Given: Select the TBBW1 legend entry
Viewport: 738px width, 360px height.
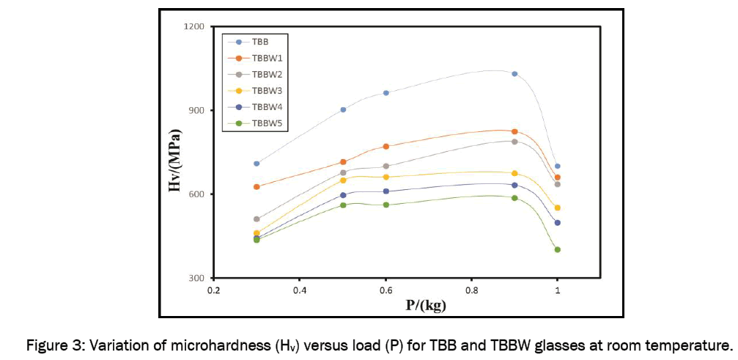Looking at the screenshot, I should coord(264,58).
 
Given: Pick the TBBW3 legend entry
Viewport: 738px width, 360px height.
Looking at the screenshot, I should coord(264,90).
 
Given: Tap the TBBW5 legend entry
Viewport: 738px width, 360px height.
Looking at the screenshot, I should coord(264,123).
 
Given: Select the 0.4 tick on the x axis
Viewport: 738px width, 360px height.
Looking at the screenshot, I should coord(299,290).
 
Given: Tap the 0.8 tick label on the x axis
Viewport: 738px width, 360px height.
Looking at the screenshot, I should coord(471,290).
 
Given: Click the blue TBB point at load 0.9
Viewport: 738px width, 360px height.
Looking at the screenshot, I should coord(514,74).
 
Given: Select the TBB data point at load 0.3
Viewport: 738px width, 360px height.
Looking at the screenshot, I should coord(257,164).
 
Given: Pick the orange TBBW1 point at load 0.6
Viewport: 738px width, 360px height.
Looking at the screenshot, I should coord(385,147).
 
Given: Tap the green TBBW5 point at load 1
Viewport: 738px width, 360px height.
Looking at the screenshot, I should coord(558,249).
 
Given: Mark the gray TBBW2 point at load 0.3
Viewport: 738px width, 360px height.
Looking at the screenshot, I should coord(257,219).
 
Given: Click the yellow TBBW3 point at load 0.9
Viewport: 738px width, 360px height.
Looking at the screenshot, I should coord(514,173).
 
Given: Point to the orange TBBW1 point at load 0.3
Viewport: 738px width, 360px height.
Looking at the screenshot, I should coord(257,187).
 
